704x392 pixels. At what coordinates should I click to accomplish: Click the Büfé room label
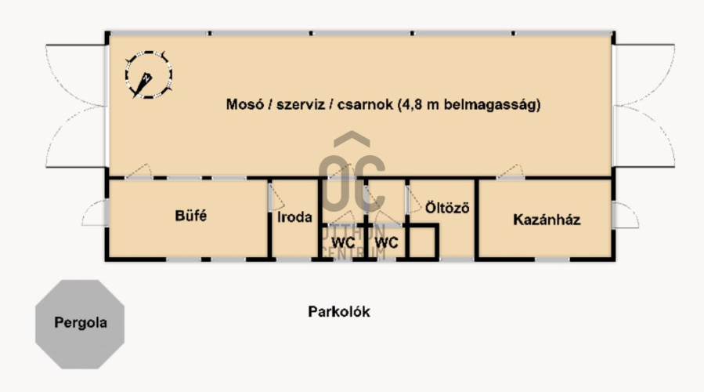coord(191,216)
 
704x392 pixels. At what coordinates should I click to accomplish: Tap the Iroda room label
coord(294,217)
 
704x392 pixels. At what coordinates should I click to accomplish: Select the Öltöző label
coord(447,208)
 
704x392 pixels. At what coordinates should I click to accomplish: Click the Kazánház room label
coord(547,220)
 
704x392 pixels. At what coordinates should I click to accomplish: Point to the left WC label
coord(343,243)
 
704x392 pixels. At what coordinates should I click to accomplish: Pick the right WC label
coord(386,243)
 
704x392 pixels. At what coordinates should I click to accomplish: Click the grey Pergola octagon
coord(80,324)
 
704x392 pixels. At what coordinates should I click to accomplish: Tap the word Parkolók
coord(339,311)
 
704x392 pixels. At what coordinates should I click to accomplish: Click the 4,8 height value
coord(412,105)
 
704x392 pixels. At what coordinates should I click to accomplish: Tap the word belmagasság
coord(492,105)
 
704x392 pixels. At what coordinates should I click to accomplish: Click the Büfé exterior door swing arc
coord(95,212)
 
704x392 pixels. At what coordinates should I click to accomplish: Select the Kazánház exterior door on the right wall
coord(626,216)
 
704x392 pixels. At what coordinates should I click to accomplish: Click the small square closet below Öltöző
coord(422,242)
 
